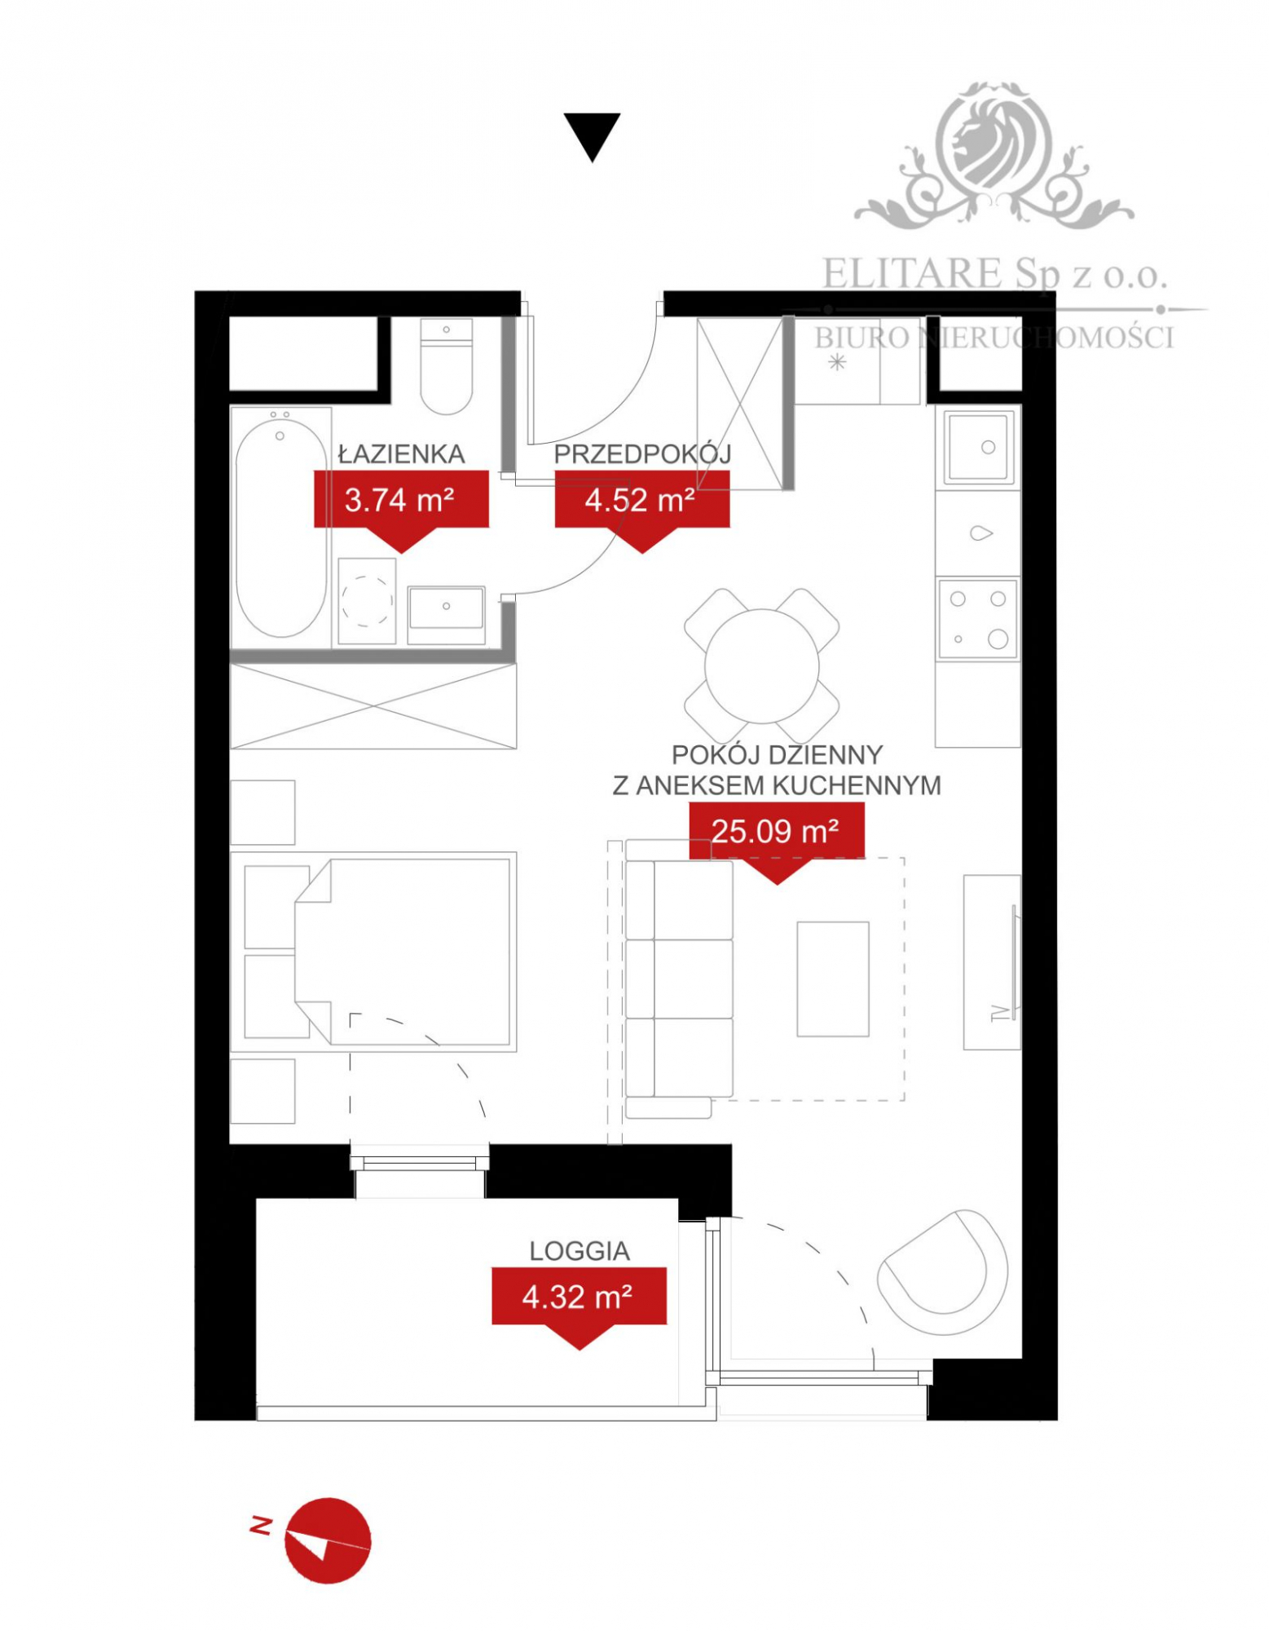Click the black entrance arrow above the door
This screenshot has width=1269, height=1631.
592,135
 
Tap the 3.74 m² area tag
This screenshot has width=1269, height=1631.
400,500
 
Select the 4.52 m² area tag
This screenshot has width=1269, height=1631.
641,500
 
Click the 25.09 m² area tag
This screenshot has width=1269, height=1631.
776,831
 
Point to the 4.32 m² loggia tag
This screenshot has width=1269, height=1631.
579,1297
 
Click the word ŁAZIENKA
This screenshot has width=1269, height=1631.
401,454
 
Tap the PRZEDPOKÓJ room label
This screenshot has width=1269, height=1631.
642,454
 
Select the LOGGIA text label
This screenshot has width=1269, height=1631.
579,1251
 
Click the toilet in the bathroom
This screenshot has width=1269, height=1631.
446,367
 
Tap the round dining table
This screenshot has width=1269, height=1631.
761,665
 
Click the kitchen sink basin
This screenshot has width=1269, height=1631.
979,447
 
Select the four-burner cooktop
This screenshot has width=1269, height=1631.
978,619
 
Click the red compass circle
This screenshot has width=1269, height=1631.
328,1540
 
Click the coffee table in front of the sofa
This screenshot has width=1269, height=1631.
832,979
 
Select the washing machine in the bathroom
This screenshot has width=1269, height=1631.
367,602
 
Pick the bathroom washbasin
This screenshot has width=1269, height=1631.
446,608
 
